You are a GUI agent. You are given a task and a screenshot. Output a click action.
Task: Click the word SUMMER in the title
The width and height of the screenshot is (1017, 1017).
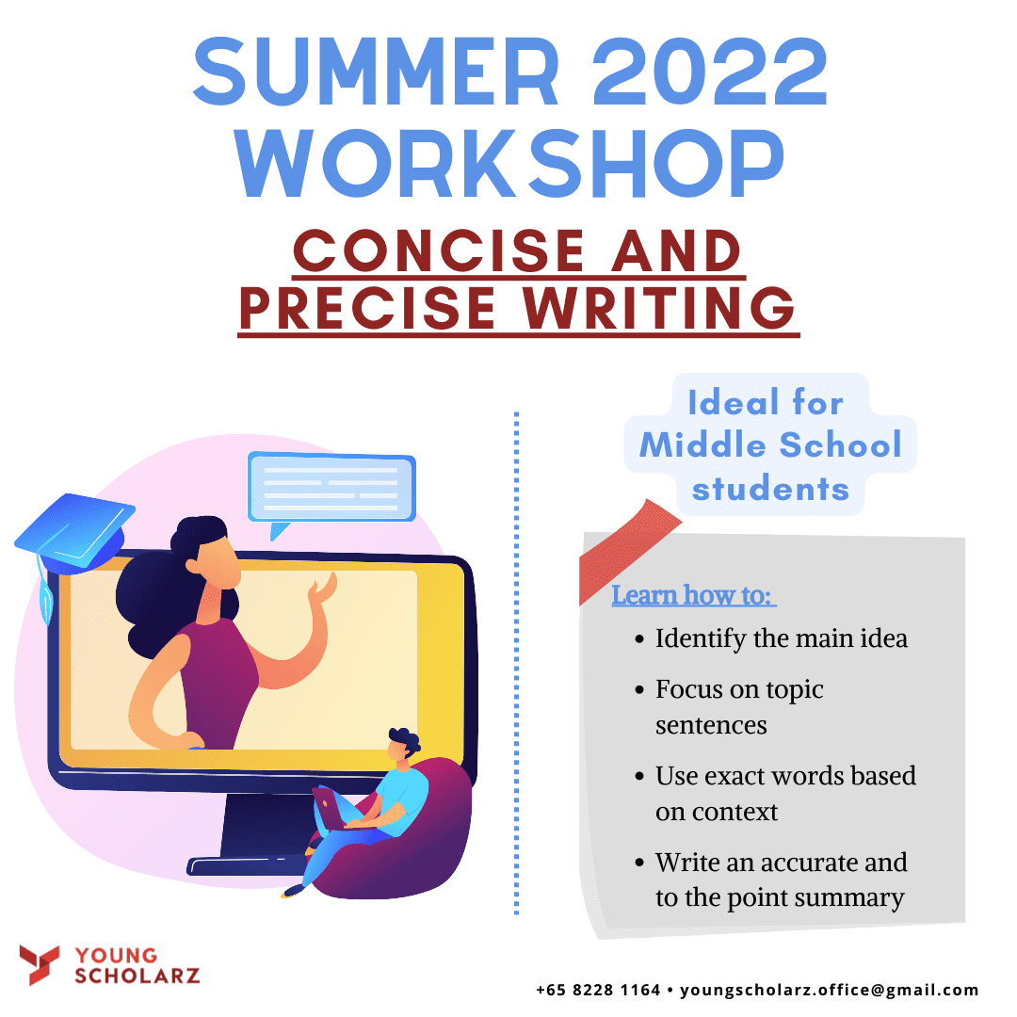(x=376, y=71)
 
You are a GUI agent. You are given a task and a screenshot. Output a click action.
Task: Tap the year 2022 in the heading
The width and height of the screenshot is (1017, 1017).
(x=710, y=71)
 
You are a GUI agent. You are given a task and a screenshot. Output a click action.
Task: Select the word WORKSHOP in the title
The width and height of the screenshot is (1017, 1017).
(x=509, y=163)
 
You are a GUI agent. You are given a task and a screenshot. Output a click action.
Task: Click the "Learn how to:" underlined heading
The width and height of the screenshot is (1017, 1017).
(x=693, y=595)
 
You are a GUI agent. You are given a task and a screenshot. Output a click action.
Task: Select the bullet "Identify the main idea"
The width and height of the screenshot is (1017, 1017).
(x=772, y=638)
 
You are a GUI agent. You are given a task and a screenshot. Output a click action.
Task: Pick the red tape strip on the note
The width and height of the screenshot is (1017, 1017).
(x=628, y=550)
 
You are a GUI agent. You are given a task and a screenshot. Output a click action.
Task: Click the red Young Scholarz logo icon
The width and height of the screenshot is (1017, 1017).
(x=39, y=964)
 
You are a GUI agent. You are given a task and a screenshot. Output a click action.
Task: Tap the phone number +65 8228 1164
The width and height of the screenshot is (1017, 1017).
(x=598, y=990)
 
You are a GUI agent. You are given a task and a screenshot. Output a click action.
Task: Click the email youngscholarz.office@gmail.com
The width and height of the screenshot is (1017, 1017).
(x=829, y=990)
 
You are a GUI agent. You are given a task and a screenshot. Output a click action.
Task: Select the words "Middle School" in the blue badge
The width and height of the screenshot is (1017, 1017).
(x=770, y=444)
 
